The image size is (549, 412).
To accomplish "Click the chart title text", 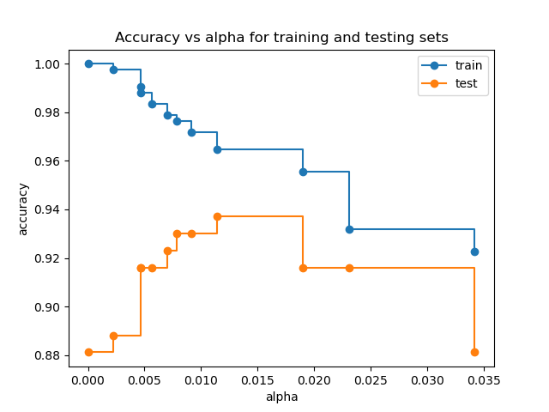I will (281, 38).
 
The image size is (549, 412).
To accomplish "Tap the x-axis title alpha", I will (281, 397).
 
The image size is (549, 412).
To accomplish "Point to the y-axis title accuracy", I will (23, 209).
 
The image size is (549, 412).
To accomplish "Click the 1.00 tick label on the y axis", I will (47, 64).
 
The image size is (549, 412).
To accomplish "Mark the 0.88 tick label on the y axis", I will (47, 356).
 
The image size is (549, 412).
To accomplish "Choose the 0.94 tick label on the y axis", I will (47, 210).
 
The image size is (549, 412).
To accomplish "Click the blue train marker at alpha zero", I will (88, 64).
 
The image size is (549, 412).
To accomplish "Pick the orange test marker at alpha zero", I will (88, 352).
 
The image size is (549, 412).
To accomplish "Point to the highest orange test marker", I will (217, 216).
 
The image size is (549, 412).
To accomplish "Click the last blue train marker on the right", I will (474, 251).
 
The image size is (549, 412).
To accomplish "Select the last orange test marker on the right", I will (474, 352).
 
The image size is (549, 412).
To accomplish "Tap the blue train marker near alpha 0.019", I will (303, 172).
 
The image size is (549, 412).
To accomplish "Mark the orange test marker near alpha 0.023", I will (349, 268).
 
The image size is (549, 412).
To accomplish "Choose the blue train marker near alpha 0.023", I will (349, 229).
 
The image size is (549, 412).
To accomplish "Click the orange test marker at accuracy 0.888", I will (113, 336).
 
